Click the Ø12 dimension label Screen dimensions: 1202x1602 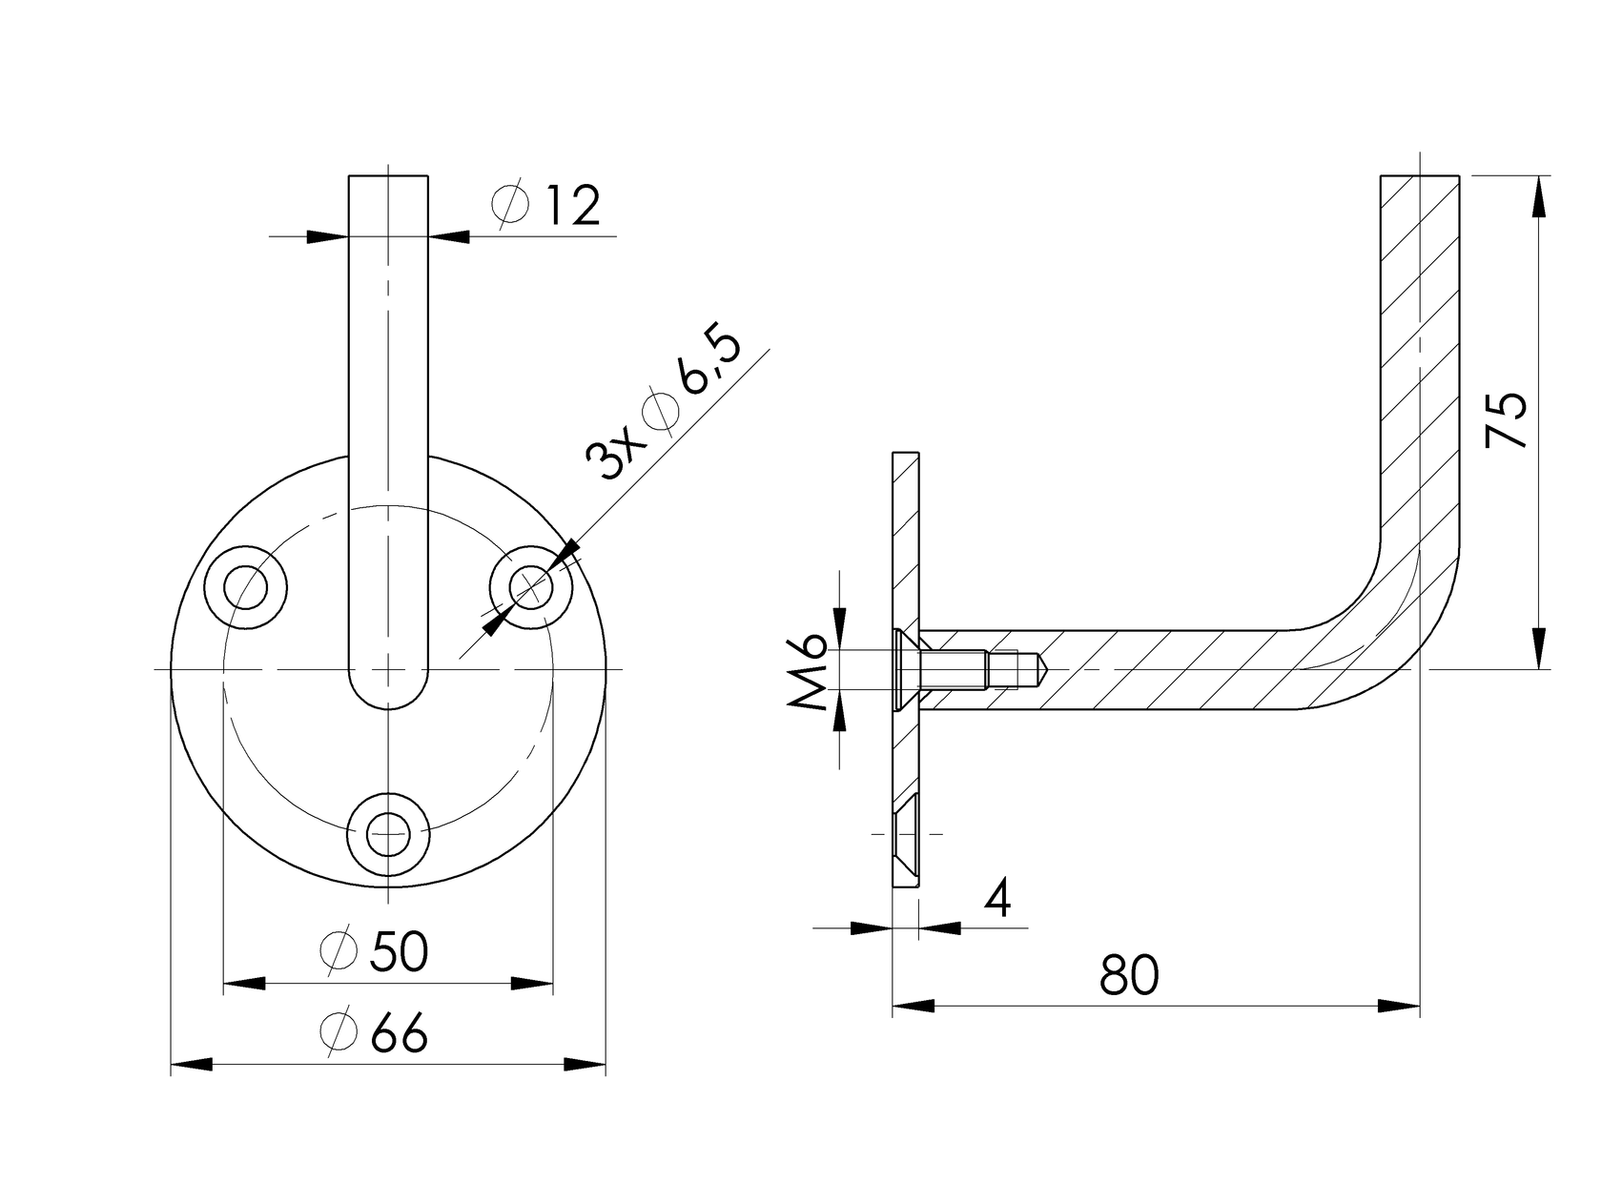click(x=547, y=206)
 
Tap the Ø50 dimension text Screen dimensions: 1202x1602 click(x=374, y=951)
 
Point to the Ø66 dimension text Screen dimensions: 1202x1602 click(x=374, y=1033)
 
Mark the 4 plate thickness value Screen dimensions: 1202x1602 click(x=997, y=898)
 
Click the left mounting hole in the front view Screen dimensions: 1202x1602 click(x=247, y=587)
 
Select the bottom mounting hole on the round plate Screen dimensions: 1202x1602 click(x=387, y=833)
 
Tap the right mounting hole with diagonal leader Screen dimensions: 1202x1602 click(x=530, y=587)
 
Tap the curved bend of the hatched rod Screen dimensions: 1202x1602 click(x=1392, y=629)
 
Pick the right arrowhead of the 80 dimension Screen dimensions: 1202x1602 click(x=1400, y=1007)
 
